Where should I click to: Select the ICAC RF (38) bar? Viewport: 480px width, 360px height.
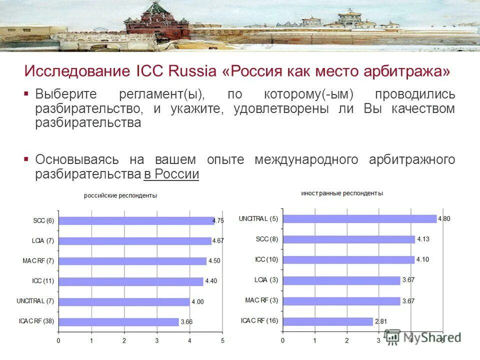[118, 321]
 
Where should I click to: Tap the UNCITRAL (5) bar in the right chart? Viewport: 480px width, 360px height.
[359, 218]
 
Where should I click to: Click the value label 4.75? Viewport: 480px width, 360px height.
[218, 220]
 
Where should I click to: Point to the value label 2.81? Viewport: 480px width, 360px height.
[382, 321]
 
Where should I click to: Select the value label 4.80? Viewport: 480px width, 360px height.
[444, 218]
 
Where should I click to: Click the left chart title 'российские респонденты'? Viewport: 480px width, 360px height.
[120, 196]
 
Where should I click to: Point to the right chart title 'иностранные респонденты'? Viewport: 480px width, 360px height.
[342, 193]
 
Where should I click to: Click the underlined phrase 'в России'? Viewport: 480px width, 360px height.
[171, 174]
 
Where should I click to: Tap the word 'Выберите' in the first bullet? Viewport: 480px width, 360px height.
[63, 94]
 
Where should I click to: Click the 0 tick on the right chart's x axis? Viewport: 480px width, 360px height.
[282, 340]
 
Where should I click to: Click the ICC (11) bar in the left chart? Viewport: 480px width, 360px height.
[130, 281]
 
